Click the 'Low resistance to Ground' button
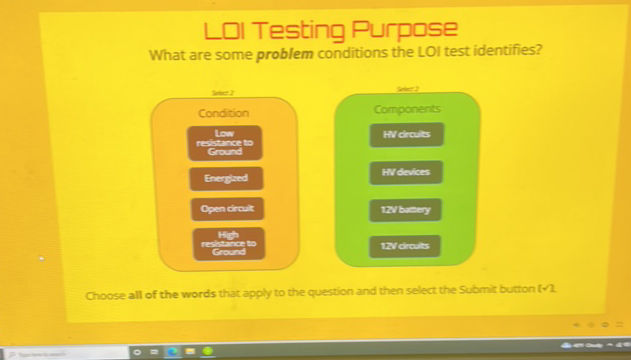click(x=225, y=143)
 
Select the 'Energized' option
click(x=225, y=178)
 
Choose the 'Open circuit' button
click(x=227, y=209)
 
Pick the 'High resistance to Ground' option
click(x=227, y=242)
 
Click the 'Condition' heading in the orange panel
click(x=223, y=113)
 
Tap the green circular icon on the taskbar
click(x=206, y=351)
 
